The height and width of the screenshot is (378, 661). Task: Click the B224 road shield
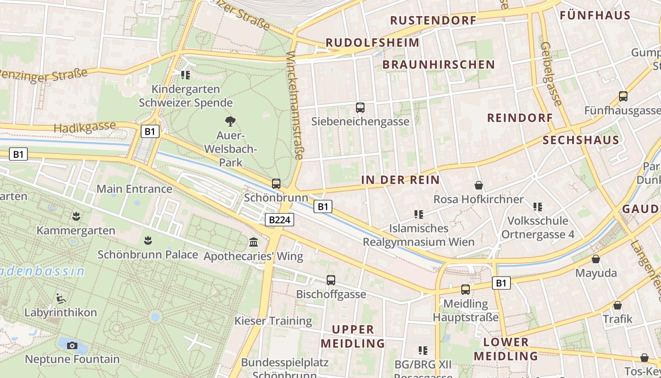tap(280, 220)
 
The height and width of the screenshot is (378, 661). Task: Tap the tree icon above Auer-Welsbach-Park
tap(230, 121)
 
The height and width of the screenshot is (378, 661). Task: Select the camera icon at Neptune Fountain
tap(72, 345)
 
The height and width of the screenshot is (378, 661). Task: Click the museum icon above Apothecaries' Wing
tap(254, 242)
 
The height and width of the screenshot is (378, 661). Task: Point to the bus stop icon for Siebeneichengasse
tap(360, 107)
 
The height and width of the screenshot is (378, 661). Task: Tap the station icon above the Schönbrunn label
tap(276, 184)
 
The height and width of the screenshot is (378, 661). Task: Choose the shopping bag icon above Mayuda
tap(596, 259)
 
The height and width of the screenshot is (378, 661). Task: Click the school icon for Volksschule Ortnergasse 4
tap(538, 206)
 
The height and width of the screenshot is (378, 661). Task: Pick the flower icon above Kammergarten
tap(76, 216)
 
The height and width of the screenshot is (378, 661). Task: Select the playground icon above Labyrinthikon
tap(60, 298)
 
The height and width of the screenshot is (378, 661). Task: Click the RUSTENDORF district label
tap(433, 20)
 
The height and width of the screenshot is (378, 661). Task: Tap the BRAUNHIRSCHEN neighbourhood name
tap(439, 64)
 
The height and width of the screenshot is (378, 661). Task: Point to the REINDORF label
tap(520, 118)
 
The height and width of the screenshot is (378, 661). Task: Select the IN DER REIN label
tap(400, 180)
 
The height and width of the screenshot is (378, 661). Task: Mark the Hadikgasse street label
tap(85, 127)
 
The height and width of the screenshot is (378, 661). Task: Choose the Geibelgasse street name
tap(551, 74)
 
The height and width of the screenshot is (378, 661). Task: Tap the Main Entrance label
tap(134, 189)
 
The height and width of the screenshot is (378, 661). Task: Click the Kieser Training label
tap(273, 321)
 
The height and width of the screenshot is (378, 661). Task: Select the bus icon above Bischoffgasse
tap(331, 280)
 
